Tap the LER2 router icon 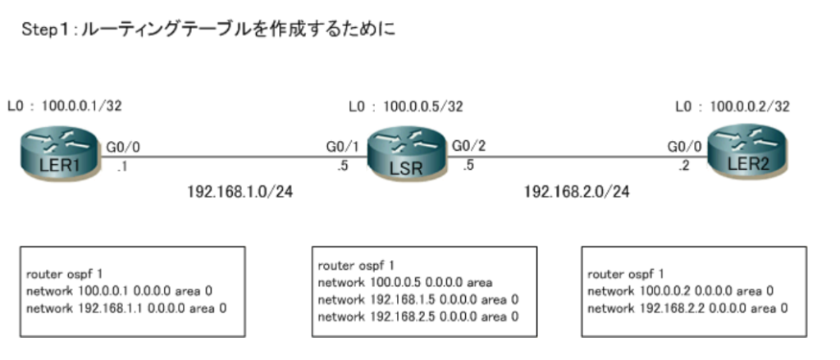746,153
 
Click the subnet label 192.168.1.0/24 240,192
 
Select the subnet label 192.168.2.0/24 577,192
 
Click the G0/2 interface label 469,145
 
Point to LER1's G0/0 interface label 123,146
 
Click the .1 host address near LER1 122,166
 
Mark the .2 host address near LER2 683,166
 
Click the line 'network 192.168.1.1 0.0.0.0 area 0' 126,308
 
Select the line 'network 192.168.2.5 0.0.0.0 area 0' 418,317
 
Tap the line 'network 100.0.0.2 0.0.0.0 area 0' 680,291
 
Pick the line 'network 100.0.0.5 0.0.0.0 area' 405,282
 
